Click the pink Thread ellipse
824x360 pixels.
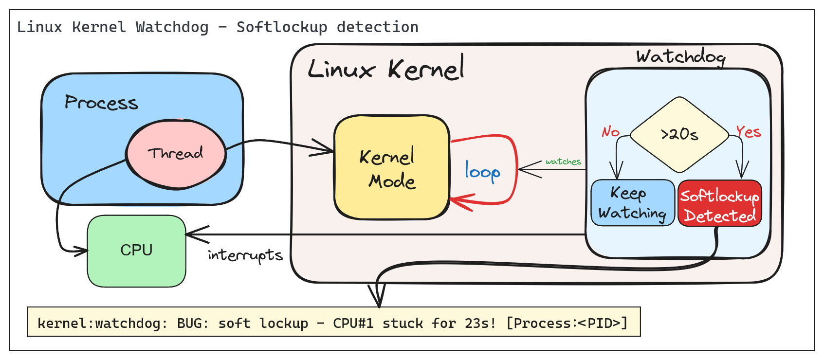click(x=176, y=154)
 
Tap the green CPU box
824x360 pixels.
click(x=137, y=251)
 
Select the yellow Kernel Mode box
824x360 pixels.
click(x=391, y=167)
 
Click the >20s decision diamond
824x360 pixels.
click(x=679, y=135)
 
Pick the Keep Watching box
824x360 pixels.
click(x=632, y=203)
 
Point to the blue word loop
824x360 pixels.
click(x=482, y=172)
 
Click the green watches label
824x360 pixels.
click(x=563, y=162)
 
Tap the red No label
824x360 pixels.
click(x=610, y=131)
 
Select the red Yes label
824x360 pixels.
click(x=748, y=131)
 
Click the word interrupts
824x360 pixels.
click(x=245, y=255)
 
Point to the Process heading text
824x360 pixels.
click(x=101, y=102)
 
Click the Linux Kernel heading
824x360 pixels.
click(x=386, y=69)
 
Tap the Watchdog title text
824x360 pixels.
click(x=680, y=57)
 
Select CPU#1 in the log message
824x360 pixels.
click(x=353, y=323)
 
